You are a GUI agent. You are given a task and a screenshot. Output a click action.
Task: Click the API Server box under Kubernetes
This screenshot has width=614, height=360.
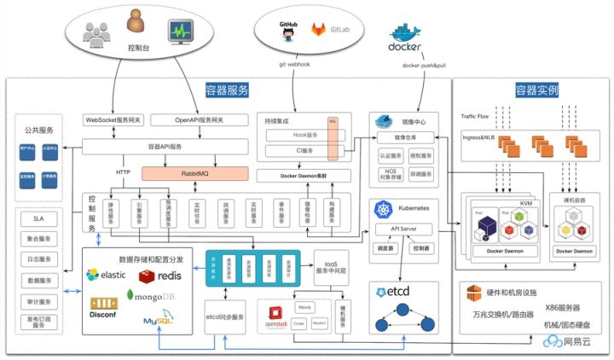pyautogui.click(x=403, y=229)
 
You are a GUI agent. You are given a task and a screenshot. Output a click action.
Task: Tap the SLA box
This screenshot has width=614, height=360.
pyautogui.click(x=39, y=218)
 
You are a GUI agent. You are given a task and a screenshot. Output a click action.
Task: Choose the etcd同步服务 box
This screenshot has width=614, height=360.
pyautogui.click(x=225, y=316)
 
